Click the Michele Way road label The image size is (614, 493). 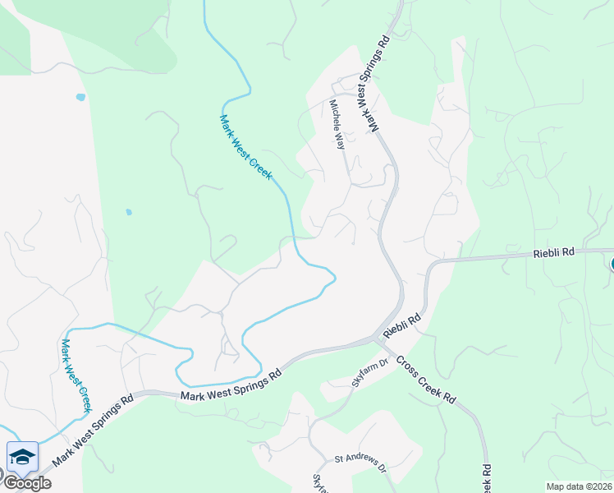[337, 124]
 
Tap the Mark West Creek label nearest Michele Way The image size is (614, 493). [245, 147]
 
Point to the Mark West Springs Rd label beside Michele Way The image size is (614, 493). [376, 84]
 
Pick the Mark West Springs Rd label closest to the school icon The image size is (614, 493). [91, 432]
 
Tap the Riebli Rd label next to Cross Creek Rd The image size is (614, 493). [402, 324]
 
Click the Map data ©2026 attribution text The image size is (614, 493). [579, 486]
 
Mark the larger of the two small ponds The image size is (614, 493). [80, 97]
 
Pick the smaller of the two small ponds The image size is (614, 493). [129, 212]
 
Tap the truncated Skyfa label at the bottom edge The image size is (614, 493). [318, 484]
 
